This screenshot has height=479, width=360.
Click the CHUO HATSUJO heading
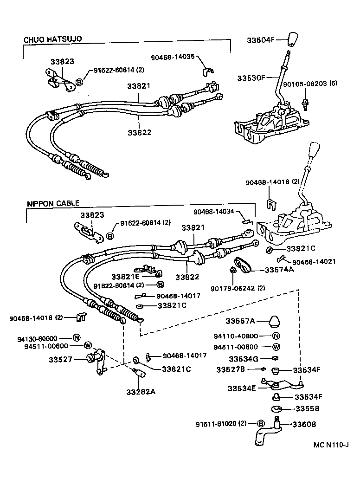tap(52, 39)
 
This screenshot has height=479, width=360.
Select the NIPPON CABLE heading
tap(53, 203)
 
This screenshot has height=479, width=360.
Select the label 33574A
tap(279, 269)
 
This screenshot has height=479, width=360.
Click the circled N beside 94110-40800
tap(276, 337)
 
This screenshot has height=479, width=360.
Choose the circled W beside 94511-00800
tap(276, 347)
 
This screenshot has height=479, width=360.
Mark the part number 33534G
tap(244, 358)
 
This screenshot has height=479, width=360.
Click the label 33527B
tap(231, 369)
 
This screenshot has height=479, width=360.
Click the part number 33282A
tap(141, 391)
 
